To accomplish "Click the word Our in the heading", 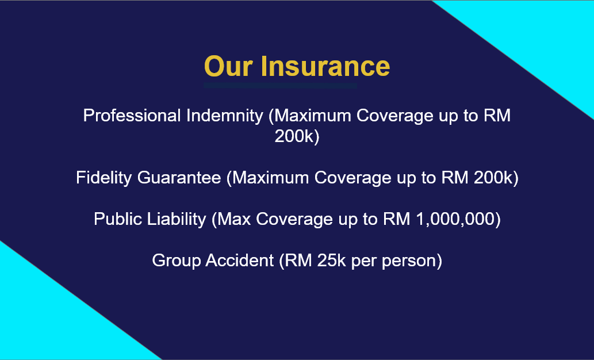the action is [x=228, y=66].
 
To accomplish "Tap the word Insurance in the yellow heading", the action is [x=325, y=66].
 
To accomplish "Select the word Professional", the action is [x=132, y=116].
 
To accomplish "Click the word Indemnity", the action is [x=225, y=116].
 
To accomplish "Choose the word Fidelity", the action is [x=104, y=178].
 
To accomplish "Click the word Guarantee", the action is [x=179, y=178].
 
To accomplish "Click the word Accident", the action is [x=239, y=261].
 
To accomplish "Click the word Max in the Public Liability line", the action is [x=234, y=219].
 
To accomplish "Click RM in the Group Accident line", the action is [x=298, y=261].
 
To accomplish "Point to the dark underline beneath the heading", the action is [x=281, y=86].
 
